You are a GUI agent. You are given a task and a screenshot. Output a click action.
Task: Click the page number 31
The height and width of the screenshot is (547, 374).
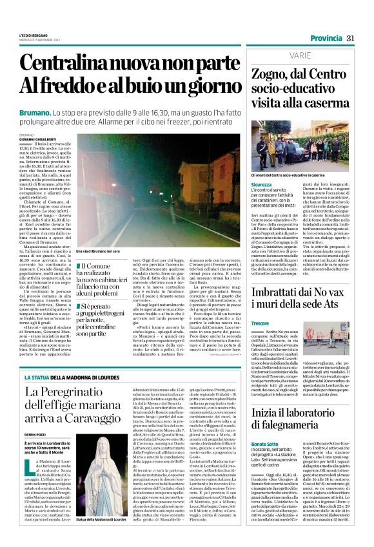[351, 39]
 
